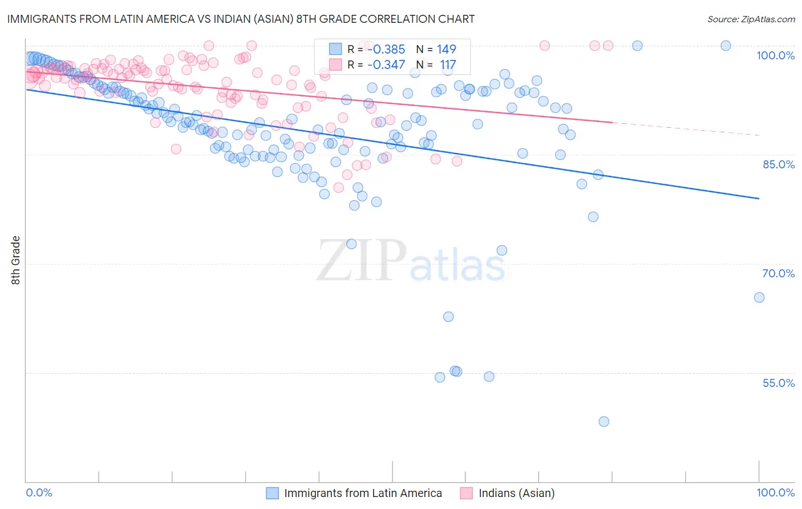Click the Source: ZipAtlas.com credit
point(751,19)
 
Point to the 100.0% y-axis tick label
point(775,55)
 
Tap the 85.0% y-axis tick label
point(778,164)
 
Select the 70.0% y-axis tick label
point(778,273)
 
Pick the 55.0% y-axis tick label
point(778,383)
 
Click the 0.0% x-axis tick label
point(39,492)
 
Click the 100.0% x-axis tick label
point(775,492)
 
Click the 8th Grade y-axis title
point(16,260)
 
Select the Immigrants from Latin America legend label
point(363,493)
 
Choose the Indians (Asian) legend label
point(516,493)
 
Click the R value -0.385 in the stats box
point(386,49)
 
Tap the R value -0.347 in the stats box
point(386,65)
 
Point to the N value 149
point(447,49)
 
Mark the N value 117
point(448,65)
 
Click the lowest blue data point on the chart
point(603,422)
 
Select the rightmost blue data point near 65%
point(759,297)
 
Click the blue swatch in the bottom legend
point(273,493)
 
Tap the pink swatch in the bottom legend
point(467,493)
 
